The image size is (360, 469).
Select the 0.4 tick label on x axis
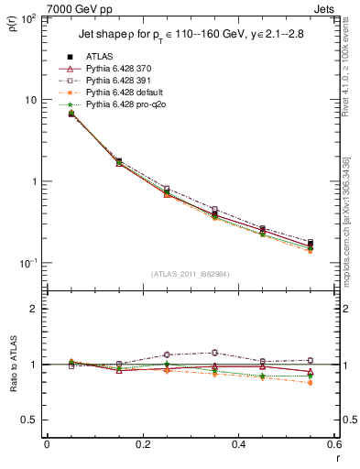pos(238,445)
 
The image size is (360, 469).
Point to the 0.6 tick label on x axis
pos(333,445)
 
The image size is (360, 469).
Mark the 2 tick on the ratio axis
pos(34,309)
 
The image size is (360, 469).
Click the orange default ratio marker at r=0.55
pos(310,383)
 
